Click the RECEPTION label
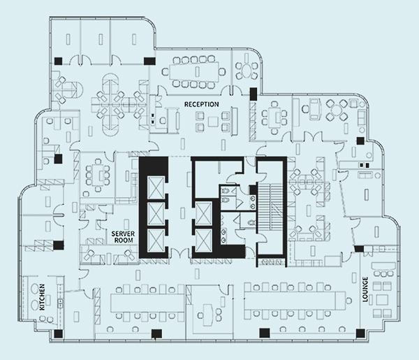[202, 104]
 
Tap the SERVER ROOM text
[123, 237]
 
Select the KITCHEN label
[42, 297]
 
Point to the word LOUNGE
[365, 289]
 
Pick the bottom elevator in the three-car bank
[156, 240]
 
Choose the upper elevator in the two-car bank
[204, 213]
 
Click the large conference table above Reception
[194, 71]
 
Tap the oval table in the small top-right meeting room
[246, 71]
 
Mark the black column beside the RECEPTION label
[253, 94]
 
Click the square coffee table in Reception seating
[213, 122]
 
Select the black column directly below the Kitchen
[58, 333]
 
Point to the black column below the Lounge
[360, 333]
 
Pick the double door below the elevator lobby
[179, 254]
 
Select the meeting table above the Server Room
[98, 175]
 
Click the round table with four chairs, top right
[337, 109]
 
